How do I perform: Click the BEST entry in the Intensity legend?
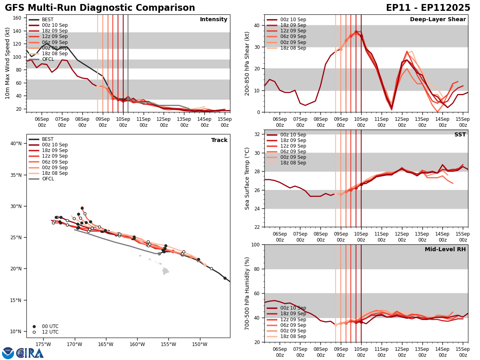pyautogui.click(x=47, y=20)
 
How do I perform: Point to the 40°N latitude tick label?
pyautogui.click(x=16, y=144)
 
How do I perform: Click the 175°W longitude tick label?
pyautogui.click(x=43, y=344)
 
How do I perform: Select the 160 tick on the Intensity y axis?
pyautogui.click(x=18, y=18)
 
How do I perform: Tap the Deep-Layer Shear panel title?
pyautogui.click(x=438, y=20)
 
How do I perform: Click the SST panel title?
pyautogui.click(x=460, y=135)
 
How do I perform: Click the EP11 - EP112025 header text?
pyautogui.click(x=428, y=8)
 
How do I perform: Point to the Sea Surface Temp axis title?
pyautogui.click(x=248, y=178)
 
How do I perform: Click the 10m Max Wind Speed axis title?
pyautogui.click(x=7, y=63)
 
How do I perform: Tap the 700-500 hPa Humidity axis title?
pyautogui.click(x=248, y=293)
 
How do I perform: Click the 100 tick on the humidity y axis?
pyautogui.click(x=255, y=245)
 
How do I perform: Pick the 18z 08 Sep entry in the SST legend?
pyautogui.click(x=293, y=163)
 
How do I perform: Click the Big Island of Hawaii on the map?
pyautogui.click(x=166, y=271)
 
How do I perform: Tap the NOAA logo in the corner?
pyautogui.click(x=8, y=353)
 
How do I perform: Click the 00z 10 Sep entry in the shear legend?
pyautogui.click(x=293, y=20)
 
